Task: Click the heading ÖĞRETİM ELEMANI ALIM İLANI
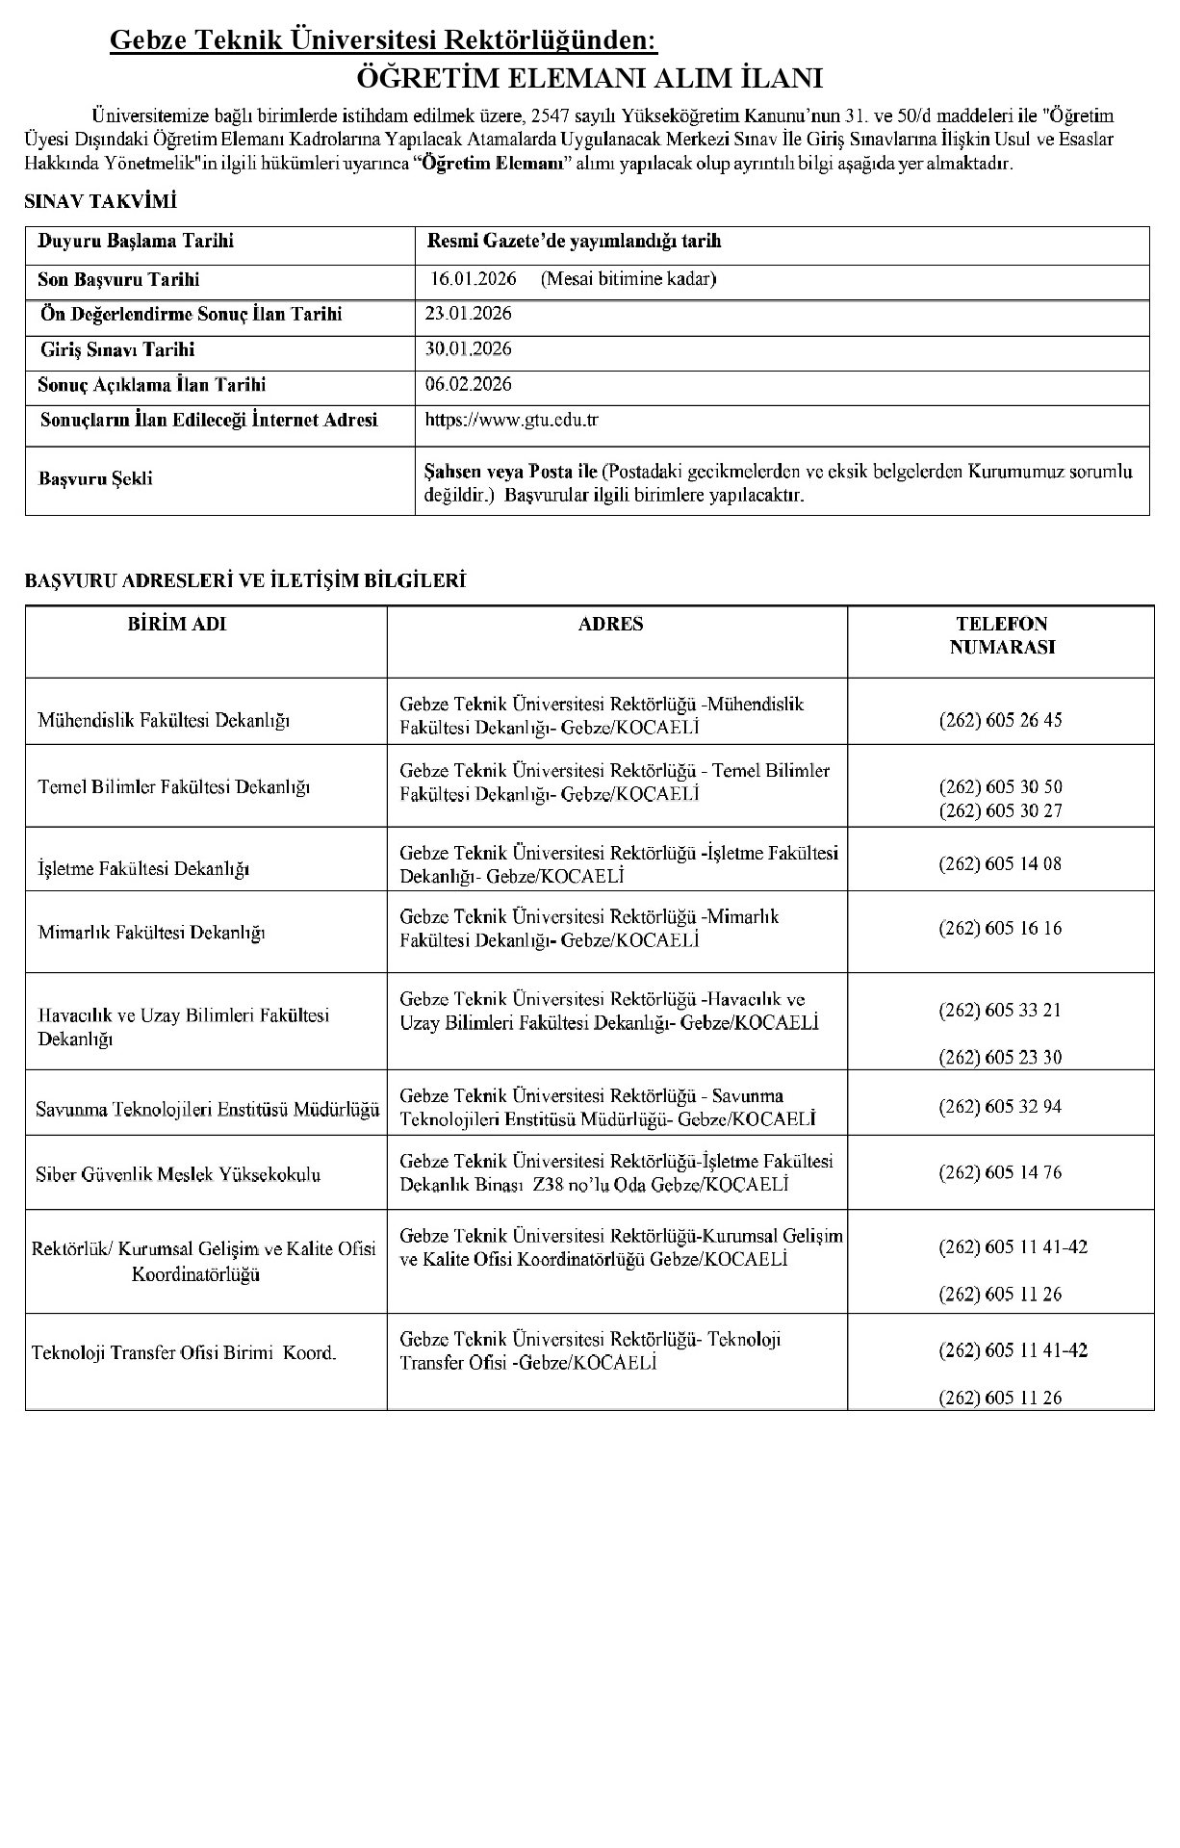[x=589, y=78]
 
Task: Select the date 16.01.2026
[x=474, y=279]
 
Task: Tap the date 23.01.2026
[x=468, y=314]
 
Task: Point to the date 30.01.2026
[x=468, y=348]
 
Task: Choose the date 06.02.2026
[x=468, y=384]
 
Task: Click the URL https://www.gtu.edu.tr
[x=511, y=420]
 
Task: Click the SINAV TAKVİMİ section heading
[x=100, y=201]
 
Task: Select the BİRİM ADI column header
[x=177, y=624]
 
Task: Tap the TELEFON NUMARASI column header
[x=1001, y=635]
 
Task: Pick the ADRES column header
[x=610, y=624]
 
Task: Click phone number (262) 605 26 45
[x=1000, y=720]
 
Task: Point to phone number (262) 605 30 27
[x=1000, y=810]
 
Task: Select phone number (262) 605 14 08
[x=1000, y=863]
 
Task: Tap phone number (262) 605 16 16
[x=1000, y=929]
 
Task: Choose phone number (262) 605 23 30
[x=1000, y=1057]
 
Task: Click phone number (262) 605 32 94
[x=1000, y=1107]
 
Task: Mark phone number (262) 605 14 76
[x=1000, y=1172]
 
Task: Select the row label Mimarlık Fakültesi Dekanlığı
[x=151, y=933]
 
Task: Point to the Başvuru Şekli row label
[x=95, y=478]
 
